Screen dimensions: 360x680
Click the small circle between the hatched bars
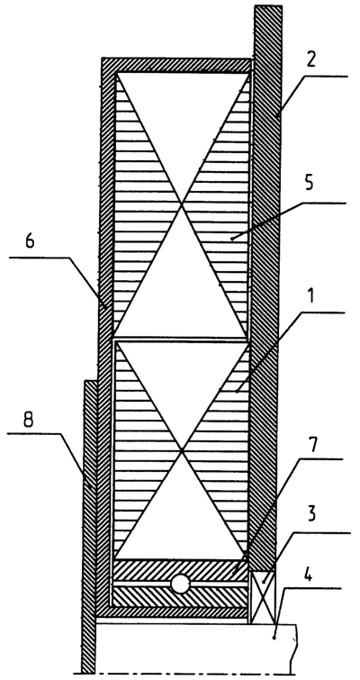point(180,585)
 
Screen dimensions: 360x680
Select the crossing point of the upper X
point(182,204)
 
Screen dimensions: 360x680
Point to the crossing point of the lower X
point(182,450)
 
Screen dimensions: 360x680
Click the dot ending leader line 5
point(232,238)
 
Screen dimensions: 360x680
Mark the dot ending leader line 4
point(274,639)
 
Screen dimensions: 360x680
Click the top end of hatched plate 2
point(268,6)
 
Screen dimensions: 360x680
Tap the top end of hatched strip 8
point(90,382)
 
